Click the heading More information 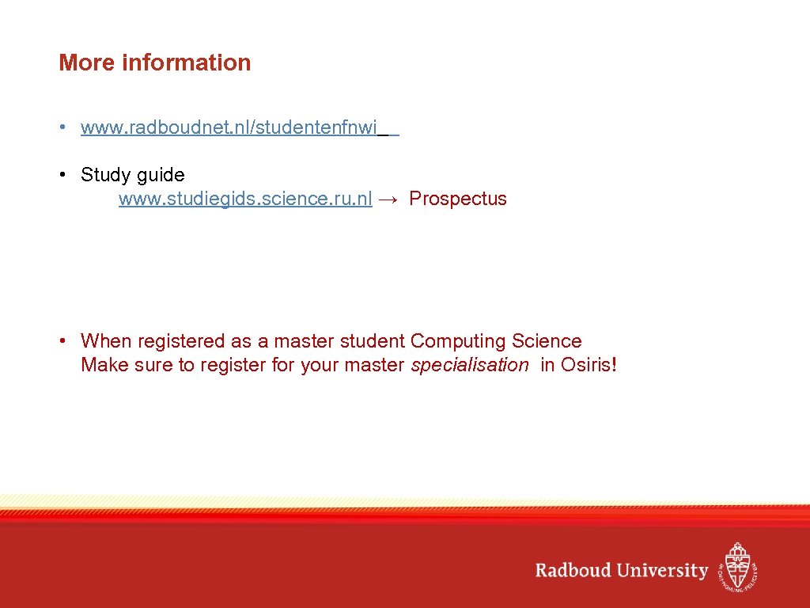[154, 63]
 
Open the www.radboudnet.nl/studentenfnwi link [229, 127]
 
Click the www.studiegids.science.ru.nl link [245, 199]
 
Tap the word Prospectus [457, 199]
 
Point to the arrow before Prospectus [389, 199]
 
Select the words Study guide [132, 175]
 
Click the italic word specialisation [470, 365]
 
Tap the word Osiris [585, 365]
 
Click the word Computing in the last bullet [458, 341]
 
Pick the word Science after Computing [547, 341]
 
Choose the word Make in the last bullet [100, 365]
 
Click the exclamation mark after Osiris [614, 365]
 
